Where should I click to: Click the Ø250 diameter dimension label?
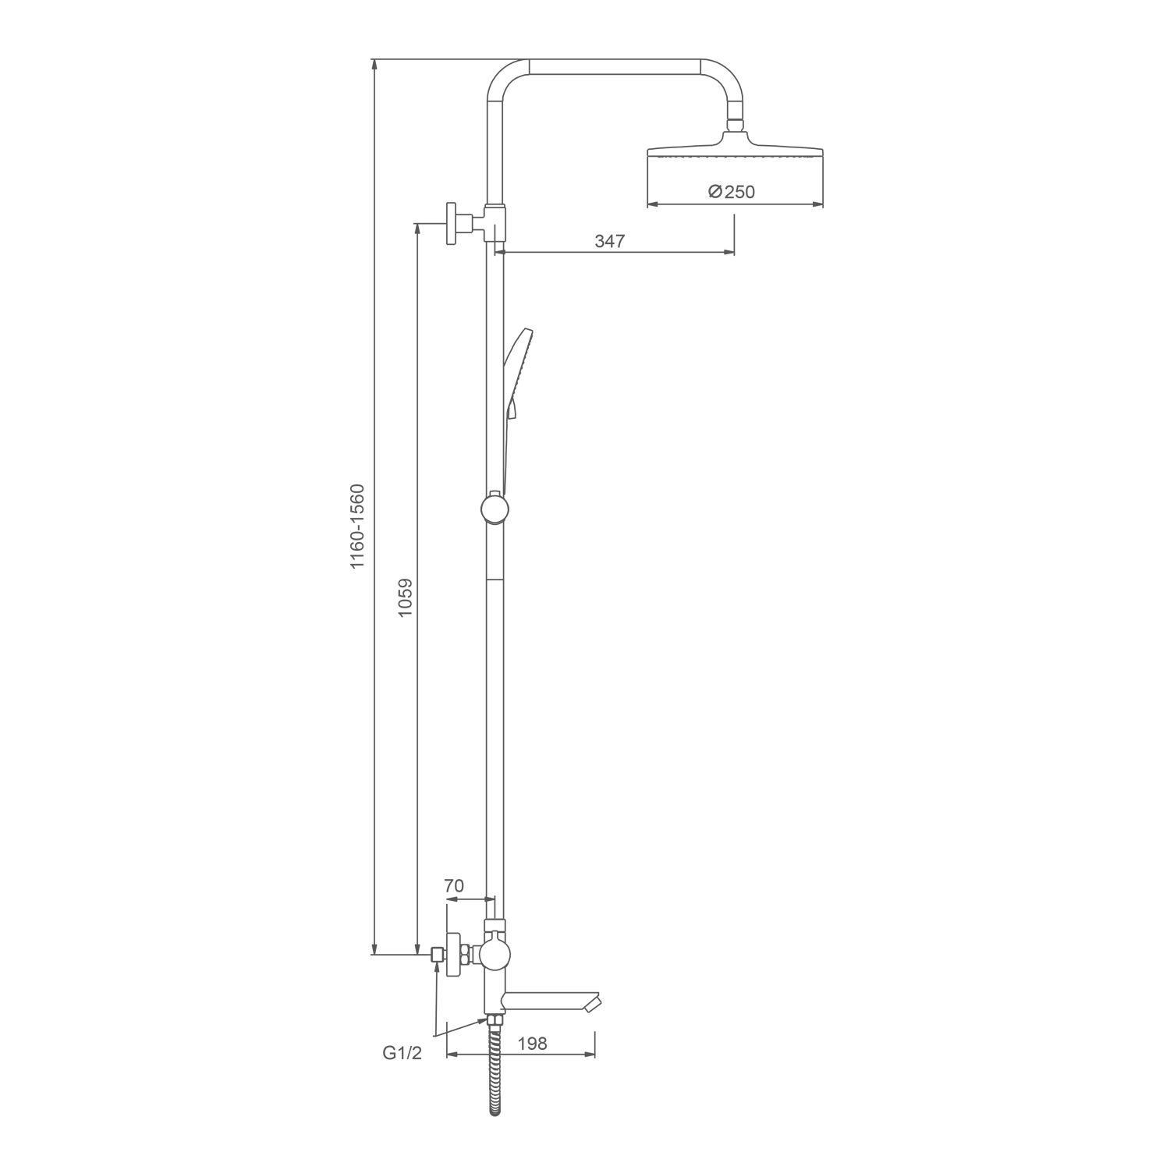click(732, 191)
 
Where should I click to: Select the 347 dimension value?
click(610, 241)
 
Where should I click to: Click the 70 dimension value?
click(454, 886)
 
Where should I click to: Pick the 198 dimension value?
click(531, 1043)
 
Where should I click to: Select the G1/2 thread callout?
click(402, 1053)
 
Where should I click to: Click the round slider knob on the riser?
click(495, 509)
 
